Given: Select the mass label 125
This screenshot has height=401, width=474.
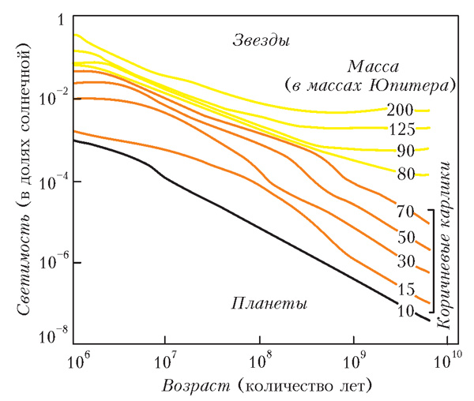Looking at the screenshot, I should click(x=400, y=129).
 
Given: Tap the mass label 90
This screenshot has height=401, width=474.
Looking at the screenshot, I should click(x=404, y=151).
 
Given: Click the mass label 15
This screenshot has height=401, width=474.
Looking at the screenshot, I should click(x=405, y=289).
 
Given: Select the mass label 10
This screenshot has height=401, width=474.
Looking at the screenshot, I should click(x=405, y=311).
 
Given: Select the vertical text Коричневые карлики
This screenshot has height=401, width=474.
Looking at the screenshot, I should click(x=456, y=244).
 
